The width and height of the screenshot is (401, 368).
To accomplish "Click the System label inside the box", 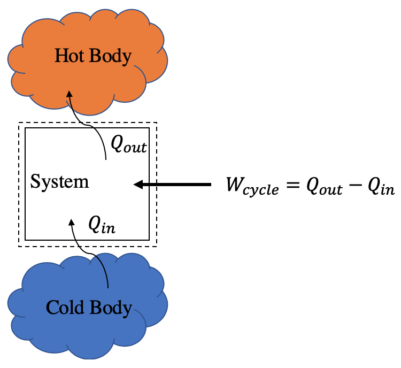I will pos(59,182).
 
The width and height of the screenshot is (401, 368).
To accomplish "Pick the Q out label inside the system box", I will pos(128,144).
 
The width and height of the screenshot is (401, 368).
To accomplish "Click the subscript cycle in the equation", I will pos(262,191).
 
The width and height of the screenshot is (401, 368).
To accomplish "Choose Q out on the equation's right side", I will pos(323,187).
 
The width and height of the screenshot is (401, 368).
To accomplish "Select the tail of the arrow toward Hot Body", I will pos(106,159).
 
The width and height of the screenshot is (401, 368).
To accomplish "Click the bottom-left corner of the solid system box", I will pos(26,239).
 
